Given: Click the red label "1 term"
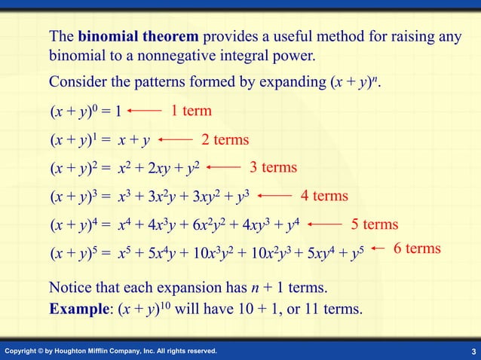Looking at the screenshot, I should (x=191, y=111).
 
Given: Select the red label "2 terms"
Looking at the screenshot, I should (x=225, y=140).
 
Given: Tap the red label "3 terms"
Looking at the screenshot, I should (x=274, y=167).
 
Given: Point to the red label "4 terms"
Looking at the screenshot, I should (x=324, y=197).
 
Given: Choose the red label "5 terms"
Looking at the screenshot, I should (x=375, y=224).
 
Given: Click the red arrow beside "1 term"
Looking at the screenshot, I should (x=145, y=111).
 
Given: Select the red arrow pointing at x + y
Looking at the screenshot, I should (x=176, y=139).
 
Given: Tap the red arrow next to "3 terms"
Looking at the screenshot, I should (x=223, y=167).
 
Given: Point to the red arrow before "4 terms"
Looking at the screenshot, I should (x=274, y=196).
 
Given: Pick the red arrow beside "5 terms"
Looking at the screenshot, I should (x=326, y=224).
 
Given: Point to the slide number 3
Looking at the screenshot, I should (x=472, y=352).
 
